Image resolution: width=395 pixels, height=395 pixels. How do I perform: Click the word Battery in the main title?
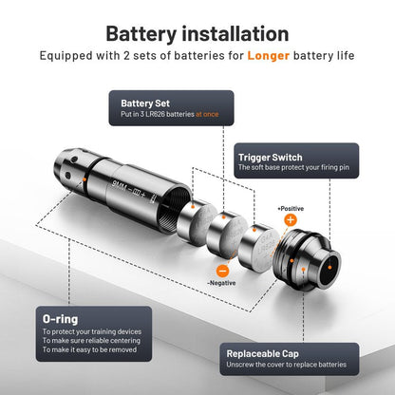tap(141, 34)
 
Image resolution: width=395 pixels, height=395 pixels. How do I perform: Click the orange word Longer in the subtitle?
tap(269, 56)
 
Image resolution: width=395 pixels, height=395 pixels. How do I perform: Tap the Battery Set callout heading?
tap(145, 103)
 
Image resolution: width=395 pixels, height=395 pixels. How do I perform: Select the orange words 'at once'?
tap(207, 114)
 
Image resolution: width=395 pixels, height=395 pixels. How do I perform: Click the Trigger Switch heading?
tap(271, 158)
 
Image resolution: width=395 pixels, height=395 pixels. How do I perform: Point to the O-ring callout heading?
tap(60, 319)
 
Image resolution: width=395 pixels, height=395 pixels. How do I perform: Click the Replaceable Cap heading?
tap(263, 354)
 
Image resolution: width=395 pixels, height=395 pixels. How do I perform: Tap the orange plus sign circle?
tap(291, 219)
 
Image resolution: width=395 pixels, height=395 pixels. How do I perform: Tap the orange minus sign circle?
tap(222, 271)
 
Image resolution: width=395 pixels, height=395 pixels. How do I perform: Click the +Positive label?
tap(291, 209)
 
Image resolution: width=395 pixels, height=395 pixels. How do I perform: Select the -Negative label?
tap(221, 283)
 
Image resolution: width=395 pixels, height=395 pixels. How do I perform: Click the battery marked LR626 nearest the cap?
tap(258, 248)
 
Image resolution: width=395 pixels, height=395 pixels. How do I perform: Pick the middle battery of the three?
tap(227, 233)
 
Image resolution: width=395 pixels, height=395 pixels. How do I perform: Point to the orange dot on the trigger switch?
tap(329, 268)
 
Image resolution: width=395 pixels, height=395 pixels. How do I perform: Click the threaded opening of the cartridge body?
tap(174, 211)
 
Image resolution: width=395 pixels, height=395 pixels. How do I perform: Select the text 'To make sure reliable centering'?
tap(91, 341)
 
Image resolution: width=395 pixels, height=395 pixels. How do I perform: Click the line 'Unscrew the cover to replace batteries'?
tap(287, 365)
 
